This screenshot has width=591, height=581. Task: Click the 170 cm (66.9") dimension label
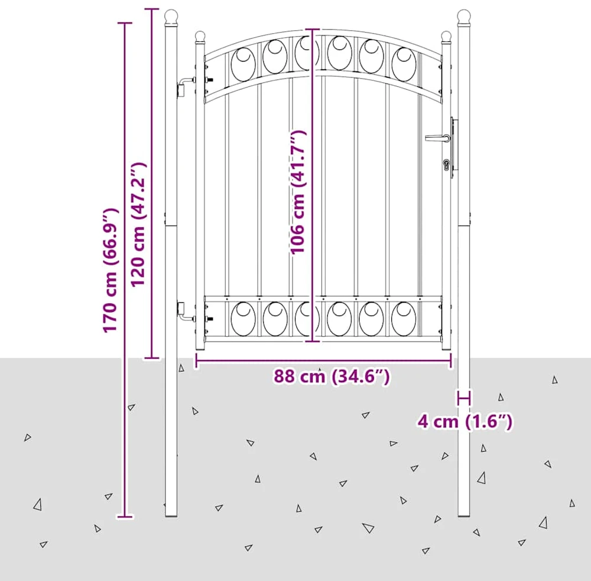click(111, 270)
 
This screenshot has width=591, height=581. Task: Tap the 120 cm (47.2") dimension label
click(138, 225)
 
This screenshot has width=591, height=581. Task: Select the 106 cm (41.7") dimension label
click(298, 192)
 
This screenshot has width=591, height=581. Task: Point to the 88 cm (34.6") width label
click(332, 376)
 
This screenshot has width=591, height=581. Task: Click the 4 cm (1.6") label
click(465, 421)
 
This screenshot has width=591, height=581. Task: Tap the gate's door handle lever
click(437, 138)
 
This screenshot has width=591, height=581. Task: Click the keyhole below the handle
click(447, 165)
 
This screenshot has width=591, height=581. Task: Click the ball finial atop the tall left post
click(171, 16)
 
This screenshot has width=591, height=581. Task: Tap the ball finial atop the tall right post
click(463, 16)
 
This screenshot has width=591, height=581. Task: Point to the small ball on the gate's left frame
click(200, 37)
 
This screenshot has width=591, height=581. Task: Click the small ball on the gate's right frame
click(446, 37)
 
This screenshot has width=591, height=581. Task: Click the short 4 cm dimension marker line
click(464, 398)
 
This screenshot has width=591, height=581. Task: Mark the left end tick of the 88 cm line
click(196, 361)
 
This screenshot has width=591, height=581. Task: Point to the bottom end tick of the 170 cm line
click(125, 516)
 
